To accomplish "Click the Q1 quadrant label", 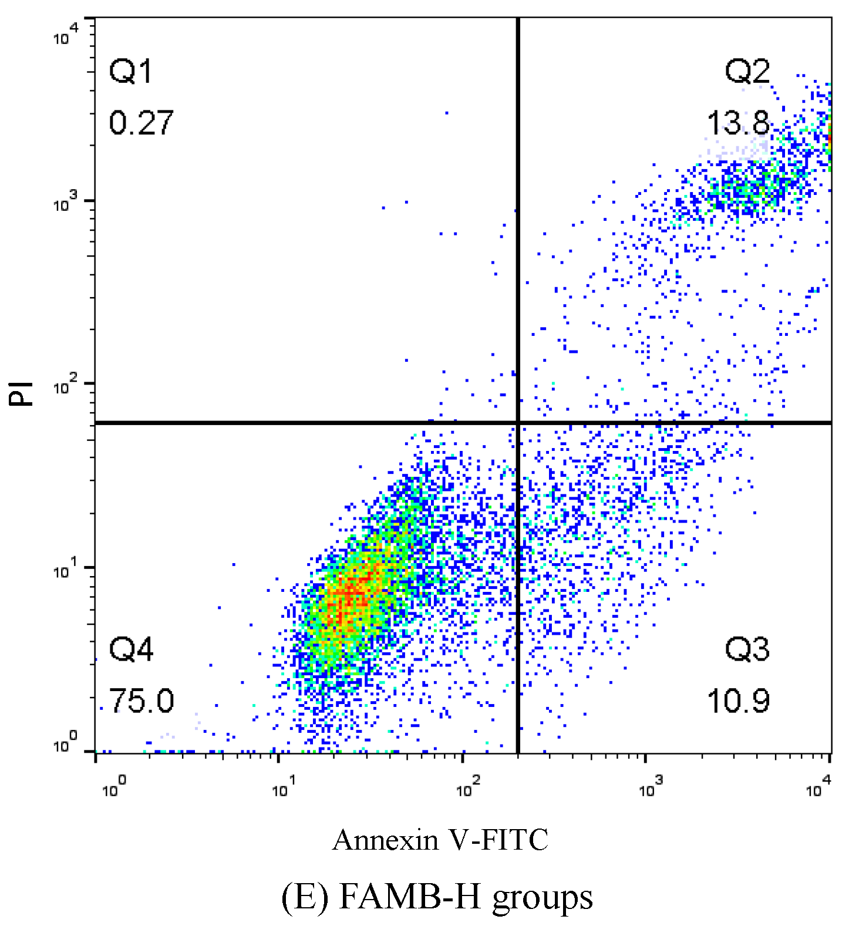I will [130, 72].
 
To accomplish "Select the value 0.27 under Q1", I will [141, 123].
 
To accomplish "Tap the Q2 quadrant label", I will [747, 72].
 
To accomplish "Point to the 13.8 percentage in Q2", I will [737, 123].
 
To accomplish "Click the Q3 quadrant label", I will [747, 649].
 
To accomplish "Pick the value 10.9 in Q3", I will [737, 701].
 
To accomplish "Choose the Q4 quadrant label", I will [131, 649].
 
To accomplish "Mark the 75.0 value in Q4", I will [141, 701].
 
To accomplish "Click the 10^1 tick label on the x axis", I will [283, 789].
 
